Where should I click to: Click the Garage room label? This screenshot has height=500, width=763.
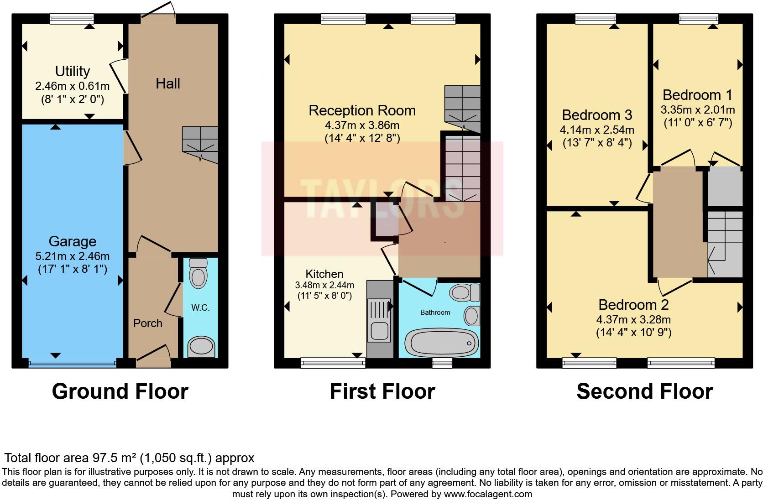pyautogui.click(x=72, y=241)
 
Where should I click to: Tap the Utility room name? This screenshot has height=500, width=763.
pyautogui.click(x=72, y=71)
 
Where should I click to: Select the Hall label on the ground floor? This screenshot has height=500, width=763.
pyautogui.click(x=167, y=83)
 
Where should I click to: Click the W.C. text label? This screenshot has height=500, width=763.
pyautogui.click(x=200, y=308)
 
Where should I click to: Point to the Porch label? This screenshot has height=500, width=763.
pyautogui.click(x=147, y=323)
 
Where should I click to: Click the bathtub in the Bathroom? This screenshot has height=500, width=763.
pyautogui.click(x=441, y=343)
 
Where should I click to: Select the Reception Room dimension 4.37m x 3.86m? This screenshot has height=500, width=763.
pyautogui.click(x=362, y=125)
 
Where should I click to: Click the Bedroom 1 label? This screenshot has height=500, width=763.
pyautogui.click(x=697, y=95)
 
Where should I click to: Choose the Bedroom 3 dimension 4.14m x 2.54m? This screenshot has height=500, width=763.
pyautogui.click(x=596, y=130)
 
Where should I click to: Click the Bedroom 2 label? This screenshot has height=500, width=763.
pyautogui.click(x=633, y=304)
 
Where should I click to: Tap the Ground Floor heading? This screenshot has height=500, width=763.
pyautogui.click(x=120, y=391)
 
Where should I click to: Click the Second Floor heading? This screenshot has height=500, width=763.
pyautogui.click(x=644, y=391)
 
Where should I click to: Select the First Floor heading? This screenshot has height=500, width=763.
pyautogui.click(x=382, y=391)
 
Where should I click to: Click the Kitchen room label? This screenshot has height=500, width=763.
pyautogui.click(x=324, y=274)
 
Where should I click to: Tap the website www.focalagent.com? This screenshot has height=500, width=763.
pyautogui.click(x=488, y=494)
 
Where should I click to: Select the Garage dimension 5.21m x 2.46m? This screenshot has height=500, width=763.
pyautogui.click(x=72, y=256)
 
